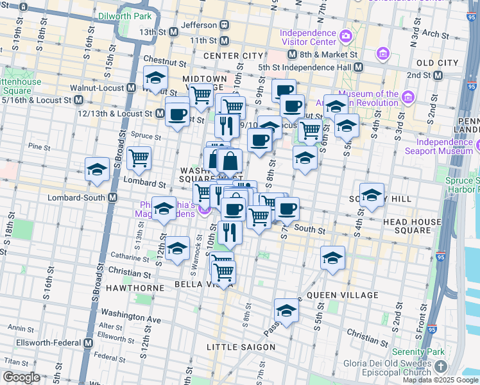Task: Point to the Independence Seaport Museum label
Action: (443, 147)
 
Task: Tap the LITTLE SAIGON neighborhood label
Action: (241, 347)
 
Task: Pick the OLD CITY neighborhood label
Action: (437, 63)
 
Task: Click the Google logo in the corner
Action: (21, 378)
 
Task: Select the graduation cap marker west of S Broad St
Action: (97, 169)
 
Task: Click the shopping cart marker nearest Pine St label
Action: (139, 158)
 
